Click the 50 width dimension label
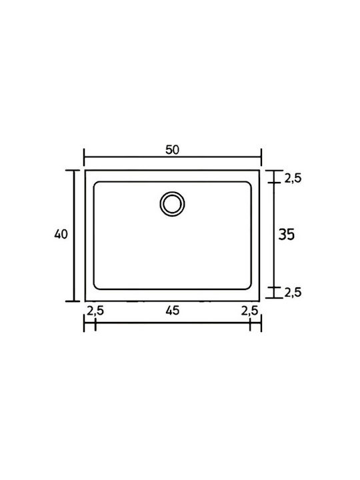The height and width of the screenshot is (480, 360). (x=172, y=150)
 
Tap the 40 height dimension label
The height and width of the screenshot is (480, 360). (x=61, y=234)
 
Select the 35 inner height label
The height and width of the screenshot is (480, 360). (x=286, y=235)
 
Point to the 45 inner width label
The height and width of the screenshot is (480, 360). (x=173, y=311)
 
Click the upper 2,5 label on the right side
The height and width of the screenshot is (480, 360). (x=293, y=178)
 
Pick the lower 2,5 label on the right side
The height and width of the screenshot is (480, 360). (x=293, y=293)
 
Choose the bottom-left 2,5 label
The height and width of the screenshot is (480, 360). (x=95, y=311)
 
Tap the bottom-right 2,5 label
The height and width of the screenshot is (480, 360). (x=250, y=311)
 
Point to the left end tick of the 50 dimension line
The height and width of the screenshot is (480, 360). (x=84, y=157)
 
